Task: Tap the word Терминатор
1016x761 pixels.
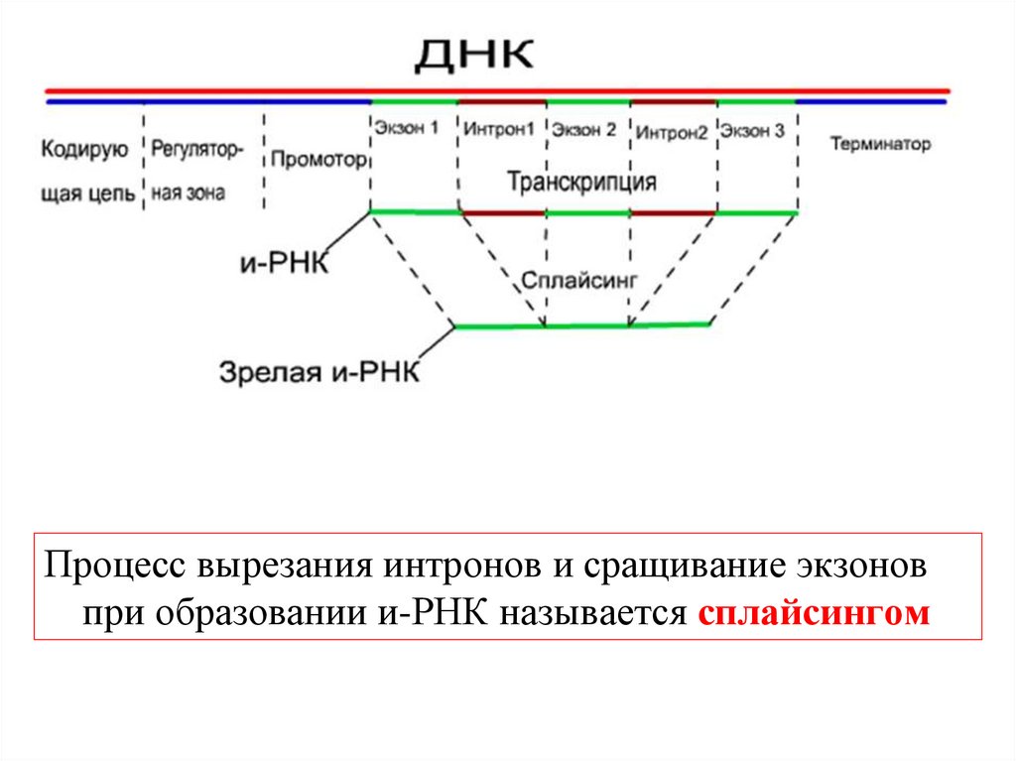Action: click(881, 144)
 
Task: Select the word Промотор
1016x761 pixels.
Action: click(318, 159)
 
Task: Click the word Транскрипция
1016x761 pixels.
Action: click(581, 183)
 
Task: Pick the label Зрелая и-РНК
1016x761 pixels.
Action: click(319, 373)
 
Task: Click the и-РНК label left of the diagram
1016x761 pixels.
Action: click(284, 264)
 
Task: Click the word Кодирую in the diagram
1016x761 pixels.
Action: click(84, 150)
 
